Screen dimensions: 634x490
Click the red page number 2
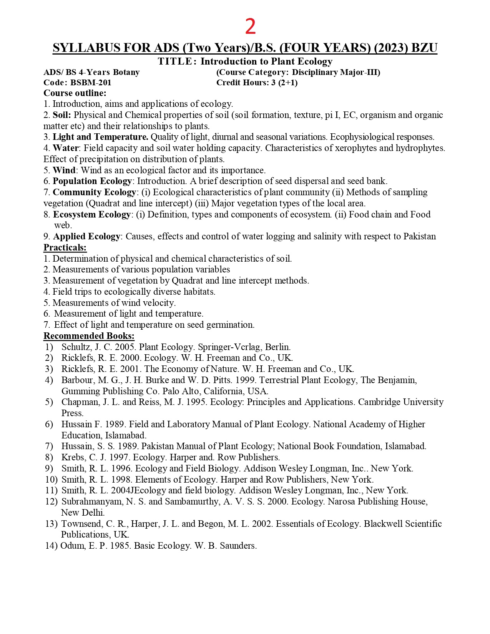point(250,27)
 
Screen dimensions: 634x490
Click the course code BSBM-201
point(91,83)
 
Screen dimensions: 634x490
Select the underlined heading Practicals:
point(65,247)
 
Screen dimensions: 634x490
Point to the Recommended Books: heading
point(89,336)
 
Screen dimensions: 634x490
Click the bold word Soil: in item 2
point(62,115)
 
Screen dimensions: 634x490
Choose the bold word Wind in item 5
point(64,170)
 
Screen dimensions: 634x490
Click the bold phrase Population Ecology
point(92,181)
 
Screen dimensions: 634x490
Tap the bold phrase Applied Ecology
point(87,236)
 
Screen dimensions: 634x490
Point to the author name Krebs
point(73,457)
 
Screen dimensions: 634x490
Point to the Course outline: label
point(75,93)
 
